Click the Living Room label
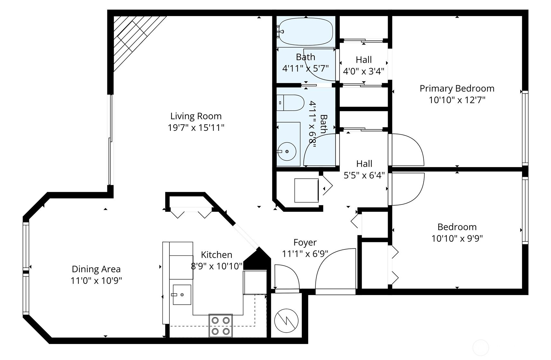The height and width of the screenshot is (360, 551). [x=196, y=116]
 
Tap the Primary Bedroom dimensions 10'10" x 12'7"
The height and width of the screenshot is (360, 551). [x=457, y=100]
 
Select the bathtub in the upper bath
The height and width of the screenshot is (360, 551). [x=305, y=32]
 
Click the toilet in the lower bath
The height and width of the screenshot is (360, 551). [x=290, y=103]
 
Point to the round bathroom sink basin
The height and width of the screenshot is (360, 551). [x=287, y=151]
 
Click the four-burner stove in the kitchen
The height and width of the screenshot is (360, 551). [x=221, y=326]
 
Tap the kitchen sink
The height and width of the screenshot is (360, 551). [x=182, y=295]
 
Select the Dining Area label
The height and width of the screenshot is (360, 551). [x=96, y=269]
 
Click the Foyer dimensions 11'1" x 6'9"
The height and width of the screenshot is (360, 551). [x=305, y=254]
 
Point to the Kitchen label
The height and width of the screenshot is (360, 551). [x=216, y=255]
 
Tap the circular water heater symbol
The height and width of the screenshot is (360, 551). [x=286, y=321]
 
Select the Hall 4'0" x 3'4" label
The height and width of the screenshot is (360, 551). [x=364, y=65]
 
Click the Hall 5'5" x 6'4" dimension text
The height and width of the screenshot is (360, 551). [x=364, y=175]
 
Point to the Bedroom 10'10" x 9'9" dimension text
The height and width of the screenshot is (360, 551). [x=457, y=238]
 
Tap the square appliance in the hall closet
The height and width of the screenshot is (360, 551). [x=306, y=190]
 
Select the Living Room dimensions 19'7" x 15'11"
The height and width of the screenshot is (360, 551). [x=196, y=128]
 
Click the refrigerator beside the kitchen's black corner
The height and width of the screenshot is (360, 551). [x=255, y=282]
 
